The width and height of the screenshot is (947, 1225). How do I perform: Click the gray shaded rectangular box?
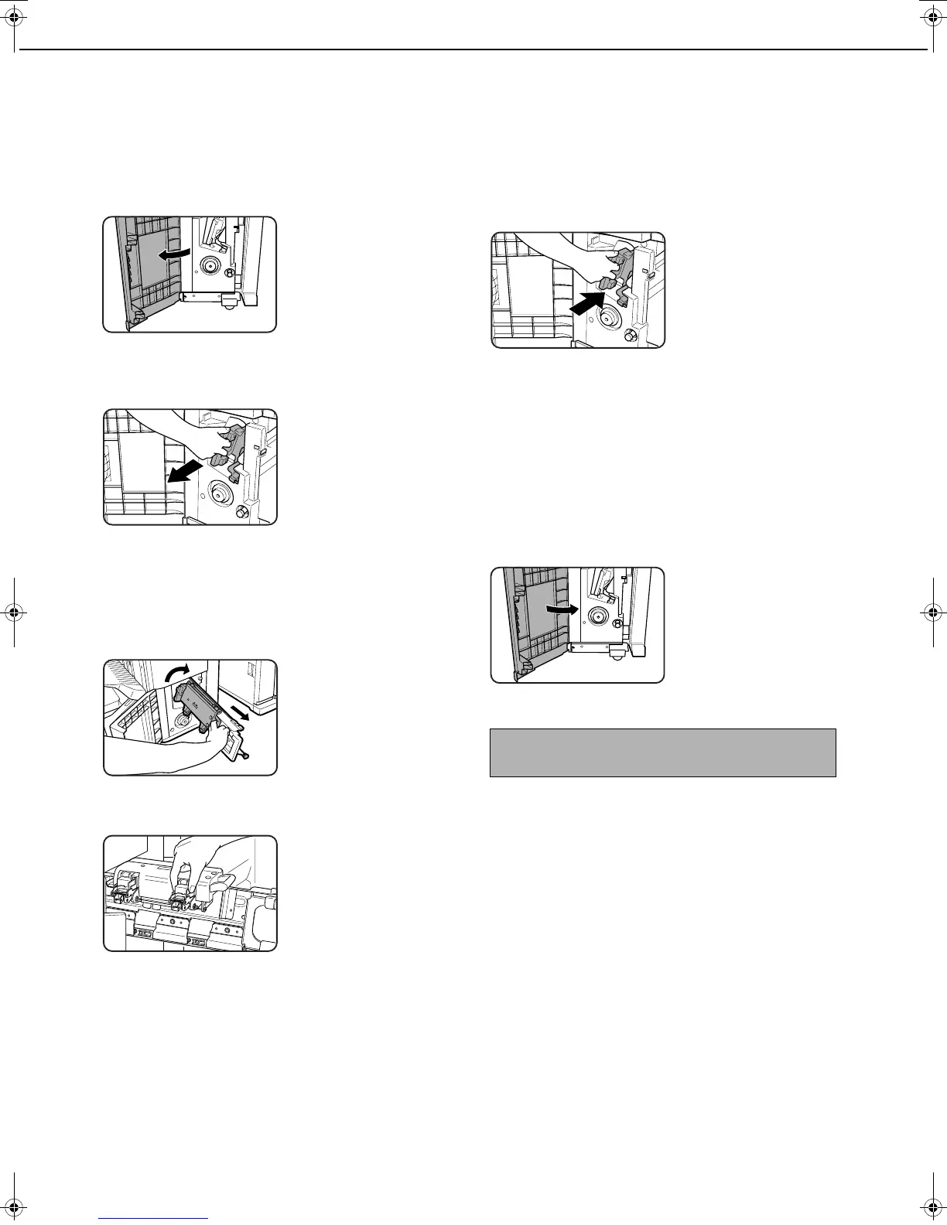[x=662, y=752]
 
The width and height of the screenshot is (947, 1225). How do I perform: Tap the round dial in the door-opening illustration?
[x=209, y=265]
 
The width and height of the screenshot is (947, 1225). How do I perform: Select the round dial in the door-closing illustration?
[x=597, y=616]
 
